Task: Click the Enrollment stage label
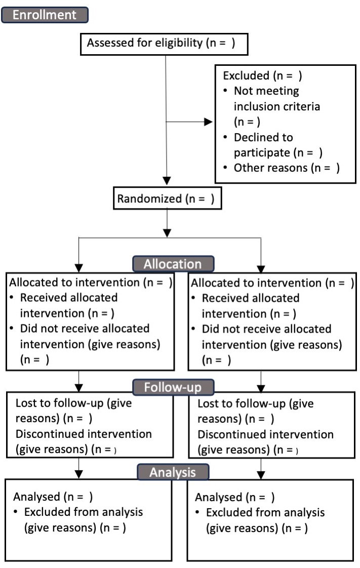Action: point(45,15)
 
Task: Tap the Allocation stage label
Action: point(172,264)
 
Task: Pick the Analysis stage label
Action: point(172,472)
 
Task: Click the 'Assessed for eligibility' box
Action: point(165,44)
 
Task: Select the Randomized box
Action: point(166,199)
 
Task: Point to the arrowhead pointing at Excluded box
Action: point(208,122)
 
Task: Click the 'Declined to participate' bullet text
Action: point(277,144)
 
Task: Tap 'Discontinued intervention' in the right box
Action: point(265,435)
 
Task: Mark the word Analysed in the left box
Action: point(36,497)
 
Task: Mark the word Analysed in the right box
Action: point(218,497)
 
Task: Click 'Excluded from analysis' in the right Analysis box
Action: point(265,512)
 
